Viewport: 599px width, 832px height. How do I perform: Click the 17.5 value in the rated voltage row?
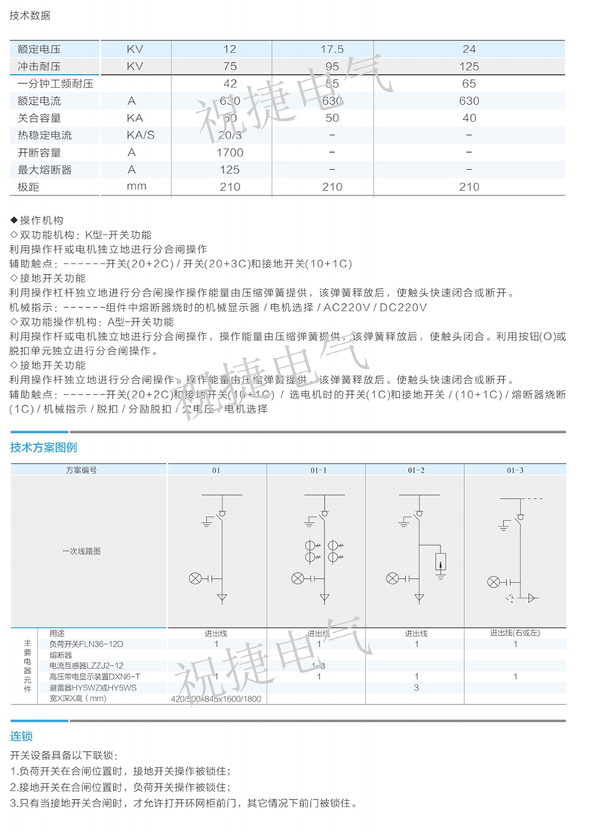coord(332,49)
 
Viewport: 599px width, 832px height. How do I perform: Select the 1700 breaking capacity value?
coord(230,153)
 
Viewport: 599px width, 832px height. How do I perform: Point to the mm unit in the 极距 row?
coord(136,187)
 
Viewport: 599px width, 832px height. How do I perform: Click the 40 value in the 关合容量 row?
coord(469,118)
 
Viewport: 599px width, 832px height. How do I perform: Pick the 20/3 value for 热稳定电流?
coord(230,136)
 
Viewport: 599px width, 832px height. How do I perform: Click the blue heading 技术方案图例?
coord(43,448)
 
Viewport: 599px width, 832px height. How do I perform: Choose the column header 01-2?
coord(416,470)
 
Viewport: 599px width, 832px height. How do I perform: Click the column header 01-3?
coord(515,470)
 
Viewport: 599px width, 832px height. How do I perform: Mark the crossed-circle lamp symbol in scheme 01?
coord(196,577)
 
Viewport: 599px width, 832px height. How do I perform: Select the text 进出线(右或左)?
coord(515,634)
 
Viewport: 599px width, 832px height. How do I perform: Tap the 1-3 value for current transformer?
coord(318,666)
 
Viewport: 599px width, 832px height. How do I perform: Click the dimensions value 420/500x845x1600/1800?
coord(218,699)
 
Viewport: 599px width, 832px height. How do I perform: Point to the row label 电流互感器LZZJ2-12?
coord(86,666)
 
